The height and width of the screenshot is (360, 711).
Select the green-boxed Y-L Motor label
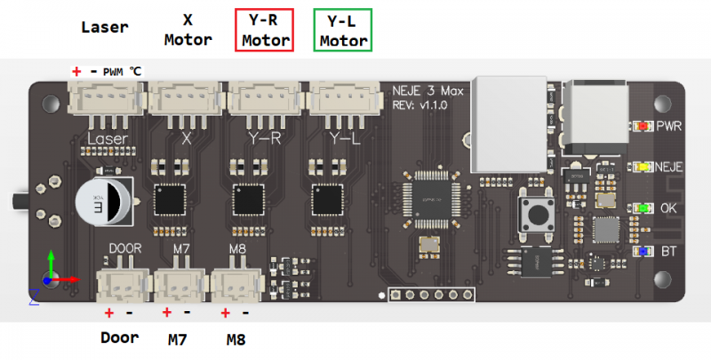(344, 31)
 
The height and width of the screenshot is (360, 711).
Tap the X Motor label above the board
(188, 31)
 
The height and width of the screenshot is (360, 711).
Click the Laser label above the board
(105, 27)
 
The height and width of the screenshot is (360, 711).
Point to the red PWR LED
(639, 126)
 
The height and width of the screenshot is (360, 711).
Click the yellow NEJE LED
(639, 166)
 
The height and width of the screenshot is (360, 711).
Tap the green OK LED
(639, 208)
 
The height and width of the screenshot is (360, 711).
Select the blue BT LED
(639, 251)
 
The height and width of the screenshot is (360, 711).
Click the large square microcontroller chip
(429, 192)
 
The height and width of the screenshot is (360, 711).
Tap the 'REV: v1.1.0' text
(421, 105)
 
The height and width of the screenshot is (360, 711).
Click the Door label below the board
(119, 338)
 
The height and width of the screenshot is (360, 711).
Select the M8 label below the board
(236, 339)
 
